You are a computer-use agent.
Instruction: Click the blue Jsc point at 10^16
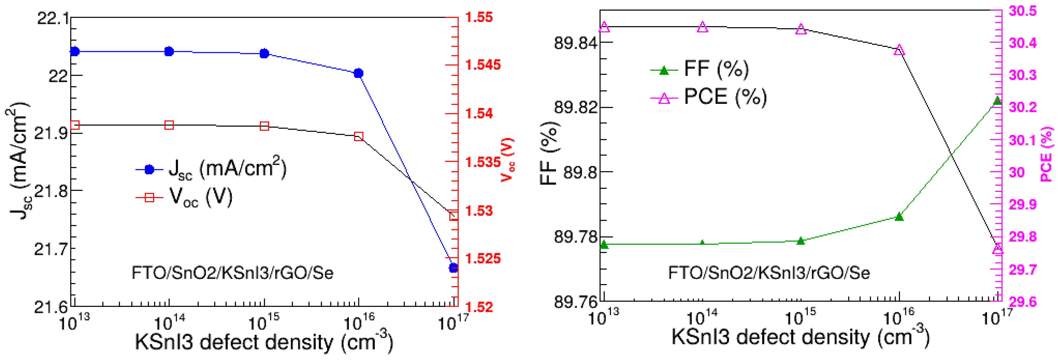click(359, 73)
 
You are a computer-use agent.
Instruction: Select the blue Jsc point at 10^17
click(453, 268)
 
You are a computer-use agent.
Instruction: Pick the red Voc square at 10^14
click(169, 125)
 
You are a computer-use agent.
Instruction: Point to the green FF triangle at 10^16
click(899, 216)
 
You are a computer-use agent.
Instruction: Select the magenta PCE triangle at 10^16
click(899, 50)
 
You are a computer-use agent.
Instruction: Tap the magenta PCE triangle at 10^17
click(997, 249)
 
